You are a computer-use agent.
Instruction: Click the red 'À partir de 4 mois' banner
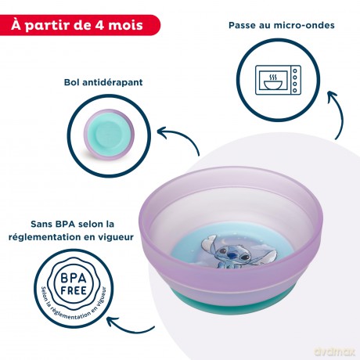(x=80, y=25)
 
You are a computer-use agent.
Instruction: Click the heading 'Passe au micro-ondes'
(x=282, y=25)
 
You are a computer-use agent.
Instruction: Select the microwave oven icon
(x=278, y=80)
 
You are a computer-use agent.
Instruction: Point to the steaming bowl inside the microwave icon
(x=273, y=81)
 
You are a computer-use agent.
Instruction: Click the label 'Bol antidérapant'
(x=103, y=82)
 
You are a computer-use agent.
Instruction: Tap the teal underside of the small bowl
(x=109, y=132)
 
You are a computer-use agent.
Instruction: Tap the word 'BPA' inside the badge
(x=74, y=278)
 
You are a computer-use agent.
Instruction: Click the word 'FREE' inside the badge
(x=74, y=290)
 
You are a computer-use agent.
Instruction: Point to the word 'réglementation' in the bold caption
(x=45, y=237)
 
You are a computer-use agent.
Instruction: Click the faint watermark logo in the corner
(x=335, y=351)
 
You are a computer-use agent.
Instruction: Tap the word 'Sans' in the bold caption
(x=41, y=224)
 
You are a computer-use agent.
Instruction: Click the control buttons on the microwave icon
(x=295, y=81)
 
